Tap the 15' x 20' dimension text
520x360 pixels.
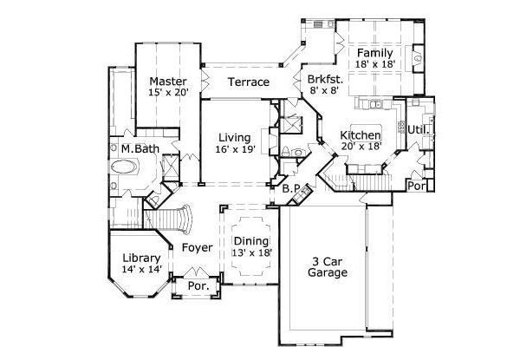tap(168, 89)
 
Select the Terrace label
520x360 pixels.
tap(248, 82)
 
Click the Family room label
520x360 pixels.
tap(374, 52)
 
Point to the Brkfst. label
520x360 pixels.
tap(326, 79)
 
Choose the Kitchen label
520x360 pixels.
tap(360, 135)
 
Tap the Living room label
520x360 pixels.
tap(235, 137)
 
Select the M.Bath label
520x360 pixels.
tap(140, 149)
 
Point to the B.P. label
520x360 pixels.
tap(292, 188)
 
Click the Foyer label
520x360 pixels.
tap(197, 247)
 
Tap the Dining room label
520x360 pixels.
tap(251, 240)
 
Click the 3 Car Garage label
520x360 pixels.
tap(329, 266)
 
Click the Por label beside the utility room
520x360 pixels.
tap(418, 184)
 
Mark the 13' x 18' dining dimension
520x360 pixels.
tap(251, 252)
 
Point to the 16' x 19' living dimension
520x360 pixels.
tap(235, 150)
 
